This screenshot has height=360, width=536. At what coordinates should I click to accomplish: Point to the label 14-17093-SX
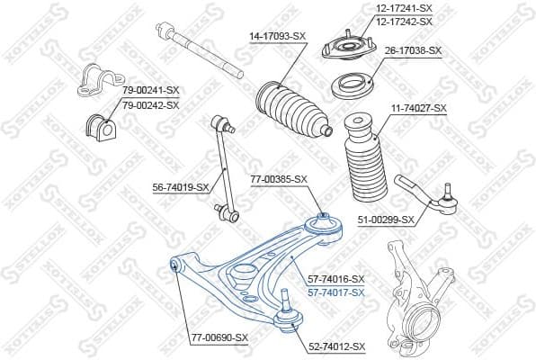(277, 36)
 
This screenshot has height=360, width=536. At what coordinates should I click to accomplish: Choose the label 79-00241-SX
(150, 90)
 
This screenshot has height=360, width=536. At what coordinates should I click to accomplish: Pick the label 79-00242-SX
(150, 104)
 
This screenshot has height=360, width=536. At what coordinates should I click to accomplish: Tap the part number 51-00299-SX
(384, 219)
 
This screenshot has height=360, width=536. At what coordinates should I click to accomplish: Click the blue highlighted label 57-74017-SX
(335, 292)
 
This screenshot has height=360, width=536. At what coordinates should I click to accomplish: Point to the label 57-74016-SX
(335, 279)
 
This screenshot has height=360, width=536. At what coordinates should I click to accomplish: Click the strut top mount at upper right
(345, 45)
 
